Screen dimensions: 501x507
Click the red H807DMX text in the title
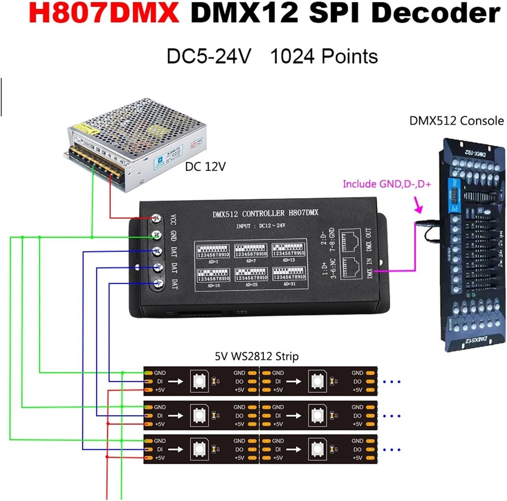104,13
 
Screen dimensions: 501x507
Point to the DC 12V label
205,167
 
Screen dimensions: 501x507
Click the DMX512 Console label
456,121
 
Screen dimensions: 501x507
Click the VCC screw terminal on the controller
157,218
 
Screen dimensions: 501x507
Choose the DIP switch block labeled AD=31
289,274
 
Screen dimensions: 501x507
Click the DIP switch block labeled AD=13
289,250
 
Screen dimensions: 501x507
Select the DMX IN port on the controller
351,268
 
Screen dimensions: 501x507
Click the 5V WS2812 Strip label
256,356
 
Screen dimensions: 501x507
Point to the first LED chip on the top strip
200,381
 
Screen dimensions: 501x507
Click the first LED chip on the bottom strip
200,449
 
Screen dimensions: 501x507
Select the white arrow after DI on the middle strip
176,416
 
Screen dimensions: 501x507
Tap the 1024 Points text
324,56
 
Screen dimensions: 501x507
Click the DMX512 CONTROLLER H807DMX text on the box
265,213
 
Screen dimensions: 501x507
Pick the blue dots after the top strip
392,382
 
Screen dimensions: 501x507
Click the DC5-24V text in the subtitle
209,56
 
